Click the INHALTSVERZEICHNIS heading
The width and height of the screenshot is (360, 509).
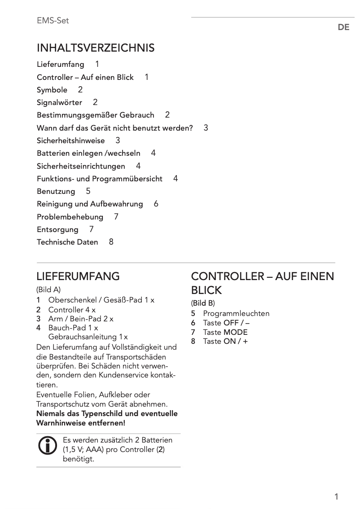pyautogui.click(x=96, y=48)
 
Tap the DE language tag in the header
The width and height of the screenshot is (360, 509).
pyautogui.click(x=343, y=27)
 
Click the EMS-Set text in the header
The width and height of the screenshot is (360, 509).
pyautogui.click(x=53, y=21)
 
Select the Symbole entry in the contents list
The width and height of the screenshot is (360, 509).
pyautogui.click(x=52, y=90)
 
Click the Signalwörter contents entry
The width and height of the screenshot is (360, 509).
pyautogui.click(x=59, y=102)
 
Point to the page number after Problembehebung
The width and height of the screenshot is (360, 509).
pyautogui.click(x=116, y=217)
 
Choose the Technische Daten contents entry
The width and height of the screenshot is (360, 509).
pyautogui.click(x=67, y=242)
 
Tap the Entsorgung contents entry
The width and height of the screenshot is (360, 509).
pyautogui.click(x=57, y=229)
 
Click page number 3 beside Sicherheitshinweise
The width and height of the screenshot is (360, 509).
pyautogui.click(x=118, y=140)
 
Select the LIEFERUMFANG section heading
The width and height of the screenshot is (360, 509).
pyautogui.click(x=78, y=276)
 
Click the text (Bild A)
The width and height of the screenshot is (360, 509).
pyautogui.click(x=48, y=290)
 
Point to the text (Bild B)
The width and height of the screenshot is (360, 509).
pyautogui.click(x=203, y=303)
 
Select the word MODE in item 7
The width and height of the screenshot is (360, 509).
pyautogui.click(x=236, y=332)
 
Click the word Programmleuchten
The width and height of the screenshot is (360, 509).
pyautogui.click(x=236, y=313)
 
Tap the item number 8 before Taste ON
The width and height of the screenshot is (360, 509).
pyautogui.click(x=193, y=341)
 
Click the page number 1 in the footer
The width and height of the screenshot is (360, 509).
pyautogui.click(x=336, y=496)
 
